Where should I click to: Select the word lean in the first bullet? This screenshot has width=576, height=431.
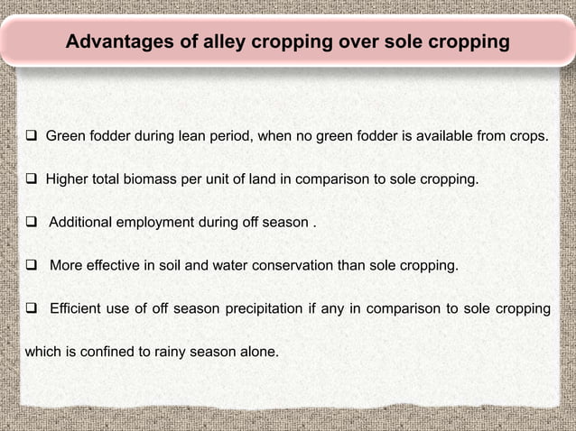tap(210, 137)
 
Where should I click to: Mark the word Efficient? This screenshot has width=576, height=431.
tap(79, 309)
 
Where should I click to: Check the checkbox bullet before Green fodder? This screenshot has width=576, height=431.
tap(31, 137)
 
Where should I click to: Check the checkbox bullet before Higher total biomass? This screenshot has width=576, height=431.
tap(31, 179)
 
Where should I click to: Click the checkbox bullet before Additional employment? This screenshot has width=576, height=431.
tap(31, 223)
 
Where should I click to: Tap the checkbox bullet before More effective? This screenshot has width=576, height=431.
tap(31, 266)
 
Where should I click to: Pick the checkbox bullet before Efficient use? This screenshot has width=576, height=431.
tap(31, 309)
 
